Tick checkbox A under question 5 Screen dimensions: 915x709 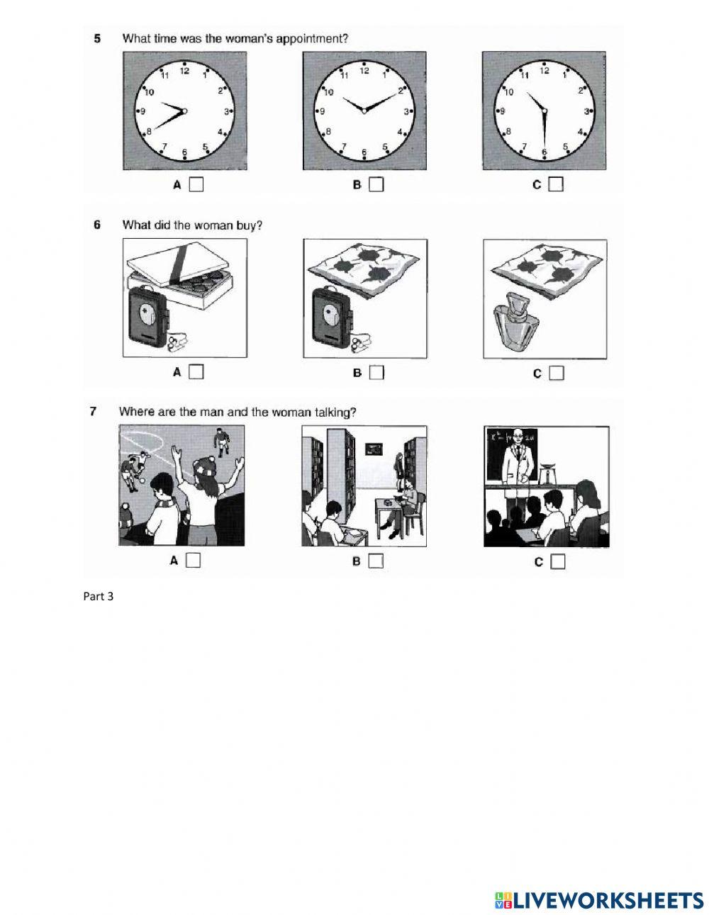(196, 184)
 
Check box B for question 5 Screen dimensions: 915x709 (376, 184)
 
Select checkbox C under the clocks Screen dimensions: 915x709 (557, 184)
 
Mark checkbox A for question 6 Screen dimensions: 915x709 (196, 371)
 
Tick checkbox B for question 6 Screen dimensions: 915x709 (376, 371)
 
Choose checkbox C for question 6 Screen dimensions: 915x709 (557, 372)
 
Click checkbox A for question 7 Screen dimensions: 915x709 (193, 561)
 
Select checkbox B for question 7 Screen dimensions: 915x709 (376, 561)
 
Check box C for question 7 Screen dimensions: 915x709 (558, 561)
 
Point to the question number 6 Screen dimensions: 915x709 (97, 225)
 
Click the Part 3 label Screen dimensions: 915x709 (99, 596)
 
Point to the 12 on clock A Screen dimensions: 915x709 (184, 71)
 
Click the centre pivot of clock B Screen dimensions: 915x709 (364, 111)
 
